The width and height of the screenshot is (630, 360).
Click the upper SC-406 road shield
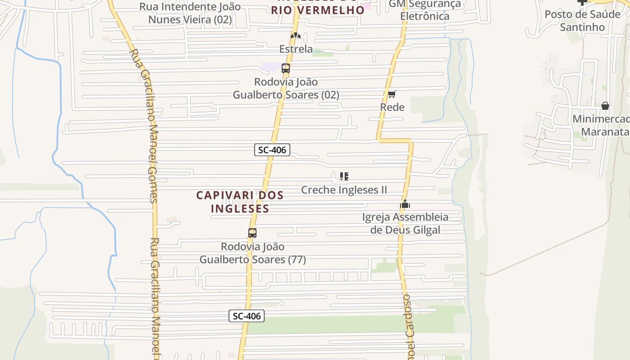point(272,150)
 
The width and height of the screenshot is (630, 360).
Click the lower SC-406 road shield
point(247,316)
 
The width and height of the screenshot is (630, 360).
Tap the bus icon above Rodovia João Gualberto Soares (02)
point(286,68)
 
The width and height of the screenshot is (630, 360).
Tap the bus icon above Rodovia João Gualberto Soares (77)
point(252,233)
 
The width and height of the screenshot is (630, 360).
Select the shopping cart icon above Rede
point(392,94)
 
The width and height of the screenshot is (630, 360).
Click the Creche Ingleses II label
point(344,190)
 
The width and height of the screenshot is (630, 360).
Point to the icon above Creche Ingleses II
point(344,176)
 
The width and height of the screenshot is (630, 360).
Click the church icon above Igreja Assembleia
point(405,204)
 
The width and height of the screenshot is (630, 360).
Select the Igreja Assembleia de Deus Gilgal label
point(405,223)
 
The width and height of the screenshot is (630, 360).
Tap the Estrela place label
point(296,49)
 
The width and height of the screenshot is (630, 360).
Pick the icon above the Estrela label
point(295,36)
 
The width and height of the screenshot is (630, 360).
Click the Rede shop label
point(392,107)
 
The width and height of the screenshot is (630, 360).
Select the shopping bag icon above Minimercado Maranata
point(605,106)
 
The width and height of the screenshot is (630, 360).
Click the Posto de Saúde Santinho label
point(582,21)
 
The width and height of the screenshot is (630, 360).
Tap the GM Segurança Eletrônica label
point(425,10)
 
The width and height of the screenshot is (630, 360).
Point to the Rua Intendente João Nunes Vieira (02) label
point(190,13)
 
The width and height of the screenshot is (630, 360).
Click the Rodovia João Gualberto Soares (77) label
point(252,253)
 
